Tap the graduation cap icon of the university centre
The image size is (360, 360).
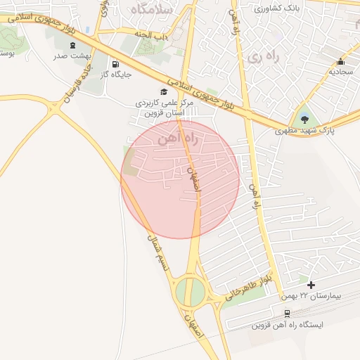point(164,91)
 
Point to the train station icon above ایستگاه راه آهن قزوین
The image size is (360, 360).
point(287,314)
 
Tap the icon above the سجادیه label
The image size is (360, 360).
point(341,61)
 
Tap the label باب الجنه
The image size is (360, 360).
point(152,33)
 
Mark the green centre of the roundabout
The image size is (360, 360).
point(190,291)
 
